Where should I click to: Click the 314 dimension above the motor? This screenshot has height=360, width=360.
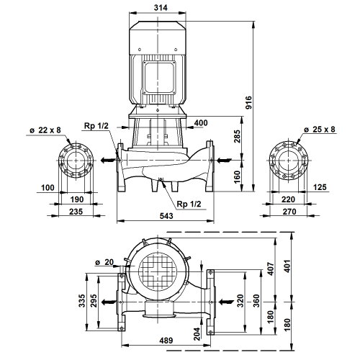[x=161, y=8]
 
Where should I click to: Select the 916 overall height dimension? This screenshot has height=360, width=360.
[x=249, y=102]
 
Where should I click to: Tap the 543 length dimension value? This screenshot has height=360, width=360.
[x=166, y=216]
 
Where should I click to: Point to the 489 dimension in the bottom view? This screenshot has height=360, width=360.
[x=166, y=341]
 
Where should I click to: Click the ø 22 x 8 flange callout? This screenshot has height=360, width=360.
[x=45, y=130]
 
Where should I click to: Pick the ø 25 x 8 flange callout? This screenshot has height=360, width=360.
[x=319, y=130]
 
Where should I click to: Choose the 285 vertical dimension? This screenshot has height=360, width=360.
[x=237, y=136]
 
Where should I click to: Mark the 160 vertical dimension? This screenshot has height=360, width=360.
[x=237, y=177]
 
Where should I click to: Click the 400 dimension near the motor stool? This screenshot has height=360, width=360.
[x=201, y=123]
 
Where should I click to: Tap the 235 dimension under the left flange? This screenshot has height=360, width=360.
[x=76, y=212]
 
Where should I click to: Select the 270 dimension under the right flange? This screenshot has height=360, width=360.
[x=289, y=212]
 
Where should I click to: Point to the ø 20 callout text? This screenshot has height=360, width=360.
[x=104, y=262]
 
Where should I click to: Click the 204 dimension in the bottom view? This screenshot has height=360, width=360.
[x=197, y=334]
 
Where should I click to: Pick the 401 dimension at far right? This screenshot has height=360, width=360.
[x=287, y=266]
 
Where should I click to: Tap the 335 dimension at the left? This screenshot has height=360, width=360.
[x=82, y=301]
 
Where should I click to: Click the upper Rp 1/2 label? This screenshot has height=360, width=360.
[x=96, y=126]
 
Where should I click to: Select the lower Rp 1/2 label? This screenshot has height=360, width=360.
[x=189, y=204]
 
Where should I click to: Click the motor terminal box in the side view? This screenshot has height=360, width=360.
[x=159, y=77]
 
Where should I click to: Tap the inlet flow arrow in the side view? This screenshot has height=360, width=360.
[x=225, y=160]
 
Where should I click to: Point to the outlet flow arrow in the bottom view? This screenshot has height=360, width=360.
[x=109, y=302]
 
